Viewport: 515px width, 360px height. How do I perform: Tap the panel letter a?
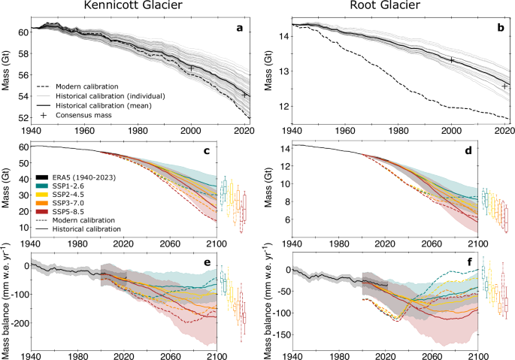coord(239,29)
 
